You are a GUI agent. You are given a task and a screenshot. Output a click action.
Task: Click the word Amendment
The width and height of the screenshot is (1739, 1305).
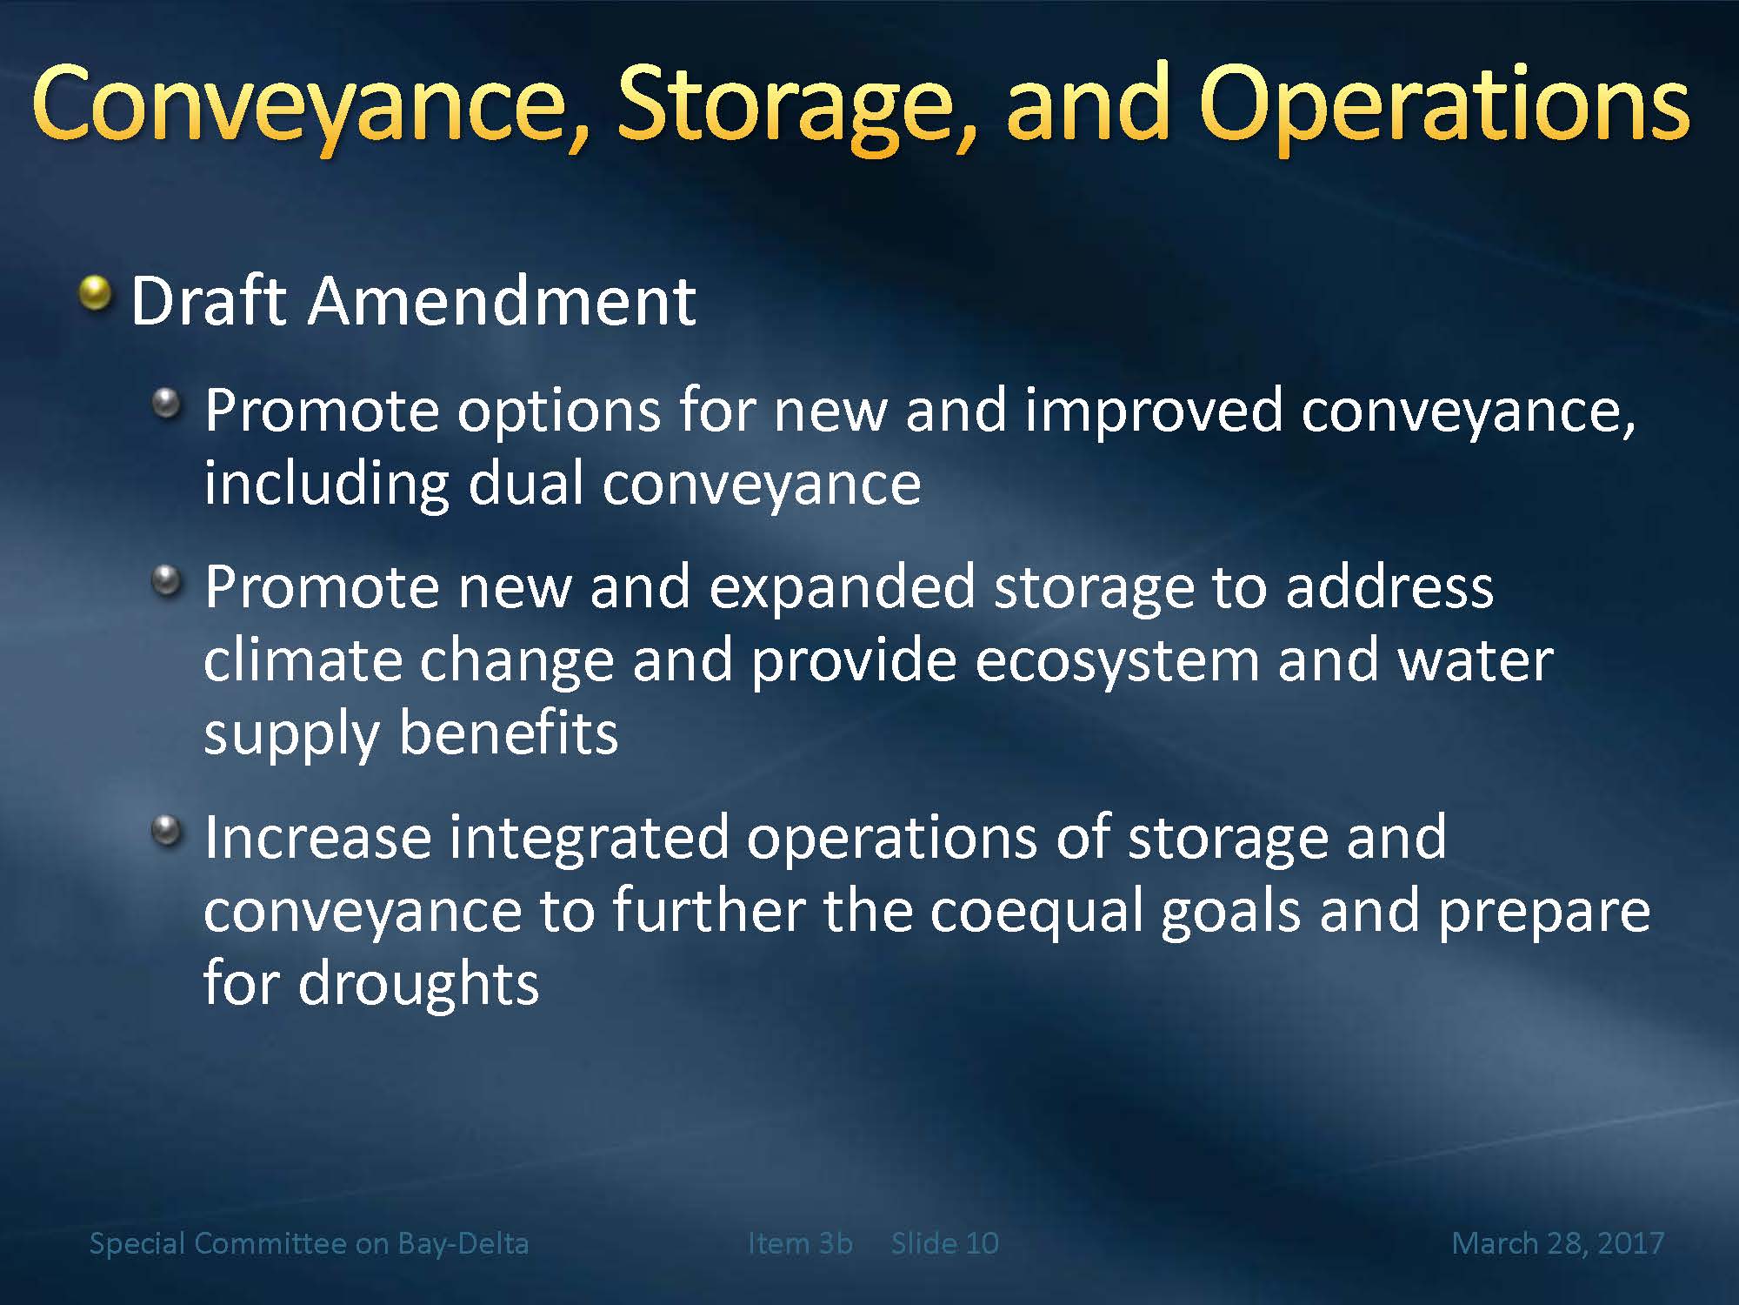502,301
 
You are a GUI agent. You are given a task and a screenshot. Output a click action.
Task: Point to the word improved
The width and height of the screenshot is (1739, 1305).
1154,412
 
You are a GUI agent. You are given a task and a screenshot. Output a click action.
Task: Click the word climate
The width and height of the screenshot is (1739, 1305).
303,660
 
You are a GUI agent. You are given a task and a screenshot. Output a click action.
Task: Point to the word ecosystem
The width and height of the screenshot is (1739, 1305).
1116,664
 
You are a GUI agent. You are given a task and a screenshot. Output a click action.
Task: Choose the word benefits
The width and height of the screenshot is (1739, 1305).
508,733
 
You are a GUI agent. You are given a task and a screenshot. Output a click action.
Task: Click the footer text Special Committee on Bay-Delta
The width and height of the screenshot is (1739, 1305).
309,1243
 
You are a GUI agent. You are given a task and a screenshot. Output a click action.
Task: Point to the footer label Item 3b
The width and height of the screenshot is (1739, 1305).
800,1243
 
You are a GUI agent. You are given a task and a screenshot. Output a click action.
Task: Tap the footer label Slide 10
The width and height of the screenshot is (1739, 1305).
945,1243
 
